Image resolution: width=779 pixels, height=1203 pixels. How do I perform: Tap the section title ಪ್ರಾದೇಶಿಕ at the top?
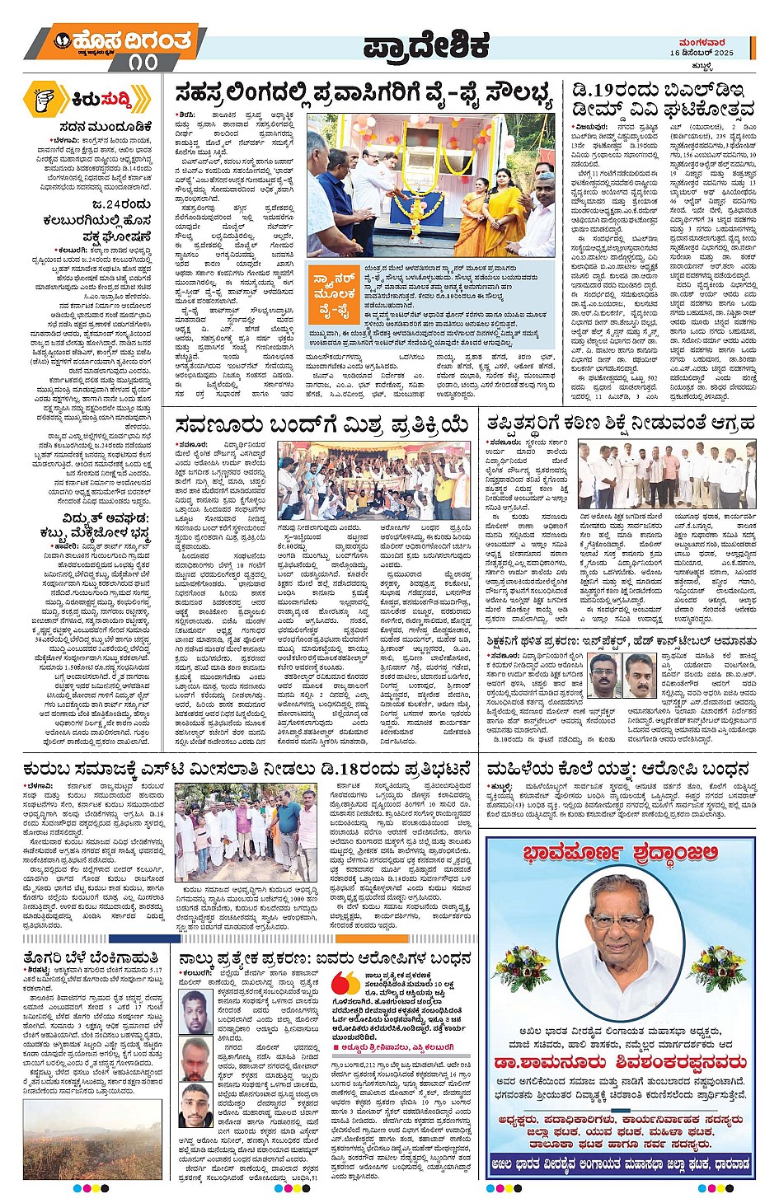(426, 45)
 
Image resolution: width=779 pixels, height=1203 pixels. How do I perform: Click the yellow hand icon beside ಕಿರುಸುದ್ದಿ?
(43, 100)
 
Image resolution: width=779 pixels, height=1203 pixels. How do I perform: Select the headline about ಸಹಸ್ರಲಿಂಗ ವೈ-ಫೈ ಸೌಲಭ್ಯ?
(363, 96)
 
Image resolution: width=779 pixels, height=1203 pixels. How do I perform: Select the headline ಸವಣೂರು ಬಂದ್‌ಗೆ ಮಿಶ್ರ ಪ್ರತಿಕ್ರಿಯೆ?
(321, 425)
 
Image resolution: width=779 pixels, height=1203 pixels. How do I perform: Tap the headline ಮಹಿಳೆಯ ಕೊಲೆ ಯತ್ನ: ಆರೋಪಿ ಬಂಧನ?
(617, 770)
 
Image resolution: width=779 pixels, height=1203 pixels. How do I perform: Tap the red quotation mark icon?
(345, 984)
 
